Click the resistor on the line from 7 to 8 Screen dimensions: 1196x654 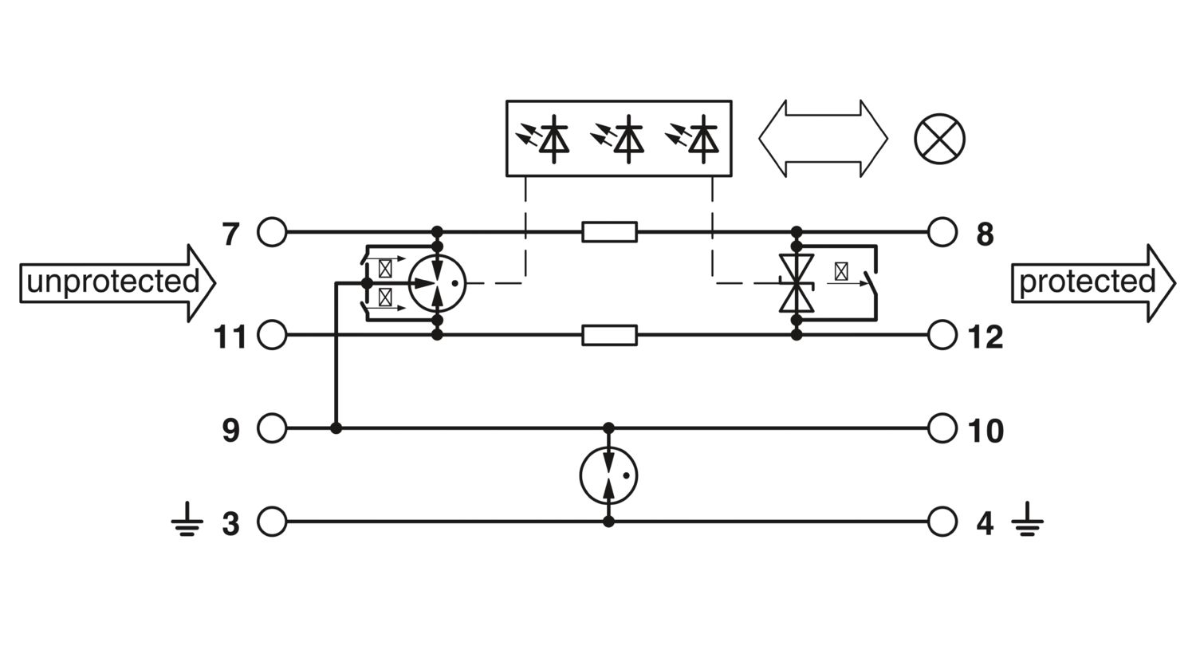pos(609,232)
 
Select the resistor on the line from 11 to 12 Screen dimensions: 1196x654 pos(609,335)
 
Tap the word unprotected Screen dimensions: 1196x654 pos(112,282)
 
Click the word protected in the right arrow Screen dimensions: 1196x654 pos(1087,282)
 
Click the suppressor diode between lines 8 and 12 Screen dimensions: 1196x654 pos(797,283)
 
